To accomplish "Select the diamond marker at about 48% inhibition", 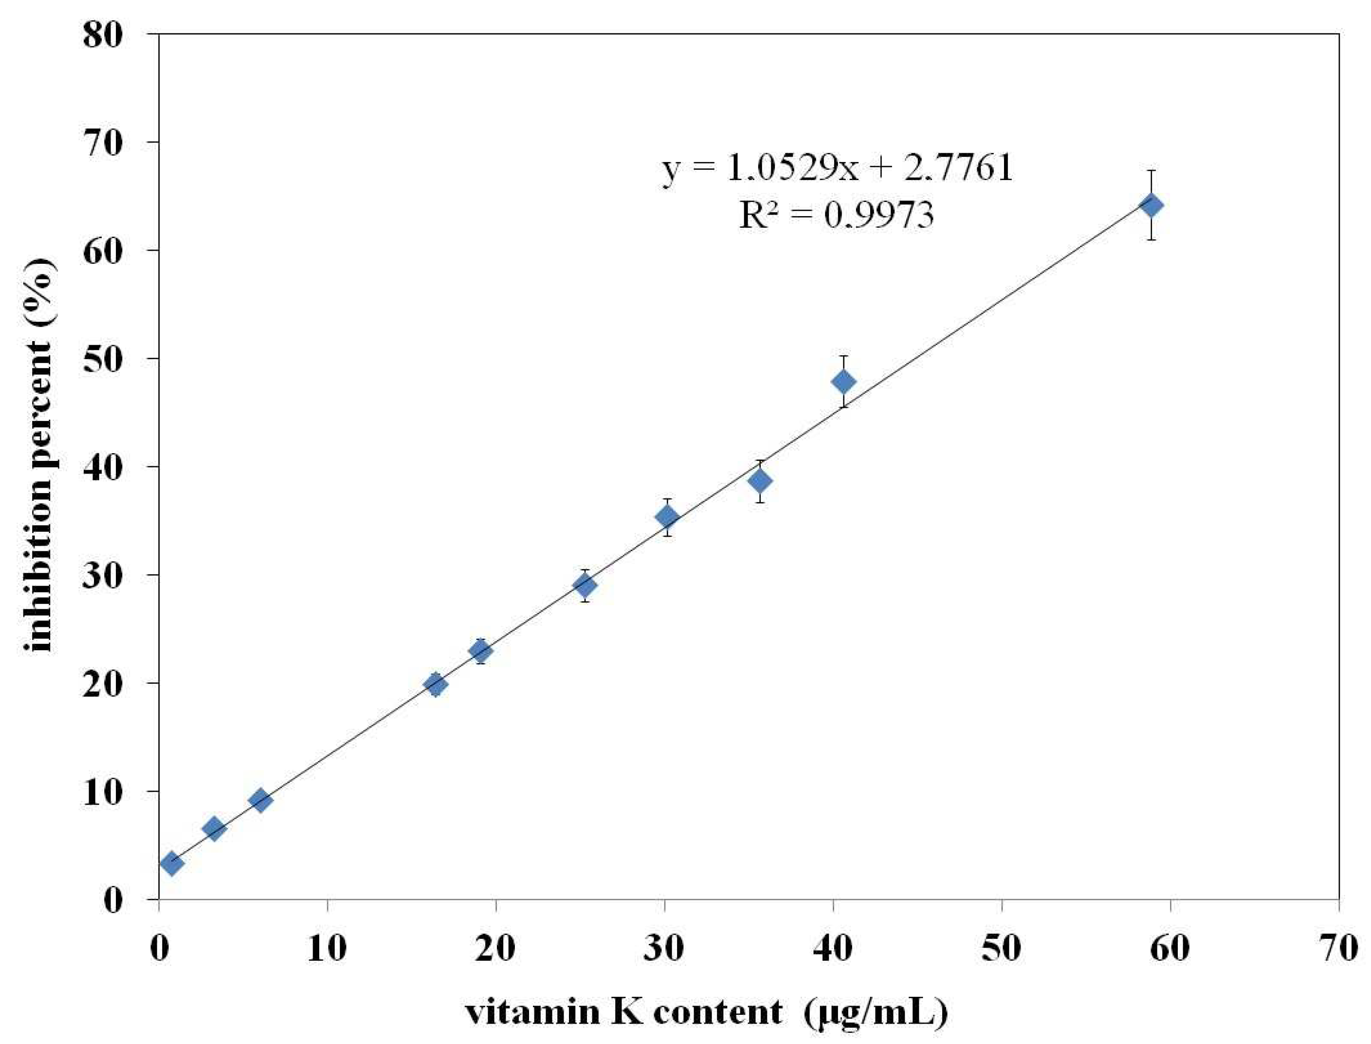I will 843,381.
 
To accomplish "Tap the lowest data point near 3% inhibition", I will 172,863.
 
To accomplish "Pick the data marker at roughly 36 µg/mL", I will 759,480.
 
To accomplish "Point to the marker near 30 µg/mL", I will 667,516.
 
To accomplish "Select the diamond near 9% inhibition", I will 260,800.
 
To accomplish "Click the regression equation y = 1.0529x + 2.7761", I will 837,168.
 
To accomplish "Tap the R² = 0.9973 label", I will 837,215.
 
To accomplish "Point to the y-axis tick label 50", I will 103,359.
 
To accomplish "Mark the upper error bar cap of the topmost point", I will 1151,170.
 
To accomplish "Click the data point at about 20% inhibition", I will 435,684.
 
